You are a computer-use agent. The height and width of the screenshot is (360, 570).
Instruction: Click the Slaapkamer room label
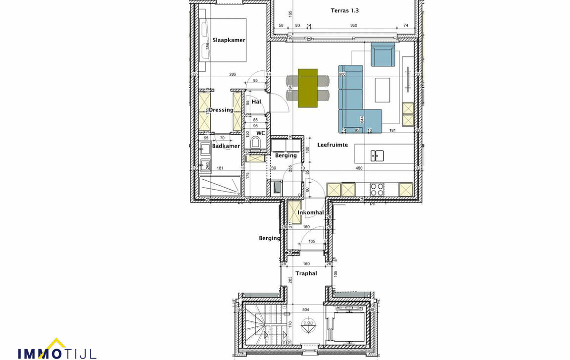point(229,40)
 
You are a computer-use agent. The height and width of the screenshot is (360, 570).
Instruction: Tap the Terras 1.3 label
point(345,10)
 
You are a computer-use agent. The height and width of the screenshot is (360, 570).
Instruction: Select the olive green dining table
point(307,88)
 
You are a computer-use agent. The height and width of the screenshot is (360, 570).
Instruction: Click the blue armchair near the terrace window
point(383,54)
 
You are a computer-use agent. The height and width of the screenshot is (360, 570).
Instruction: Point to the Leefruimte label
point(332,145)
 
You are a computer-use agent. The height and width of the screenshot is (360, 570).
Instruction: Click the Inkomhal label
point(311,213)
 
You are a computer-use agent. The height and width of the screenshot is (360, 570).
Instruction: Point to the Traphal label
point(306,273)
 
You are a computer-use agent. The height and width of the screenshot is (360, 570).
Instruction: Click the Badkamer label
point(226,146)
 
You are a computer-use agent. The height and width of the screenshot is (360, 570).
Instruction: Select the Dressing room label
point(221,110)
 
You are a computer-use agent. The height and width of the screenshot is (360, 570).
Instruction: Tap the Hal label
point(256,102)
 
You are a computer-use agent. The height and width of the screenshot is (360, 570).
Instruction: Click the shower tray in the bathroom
point(220,187)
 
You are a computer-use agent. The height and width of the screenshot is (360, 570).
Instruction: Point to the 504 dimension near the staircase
point(306,310)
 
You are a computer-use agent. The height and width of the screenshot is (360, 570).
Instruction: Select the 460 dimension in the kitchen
point(359,168)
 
